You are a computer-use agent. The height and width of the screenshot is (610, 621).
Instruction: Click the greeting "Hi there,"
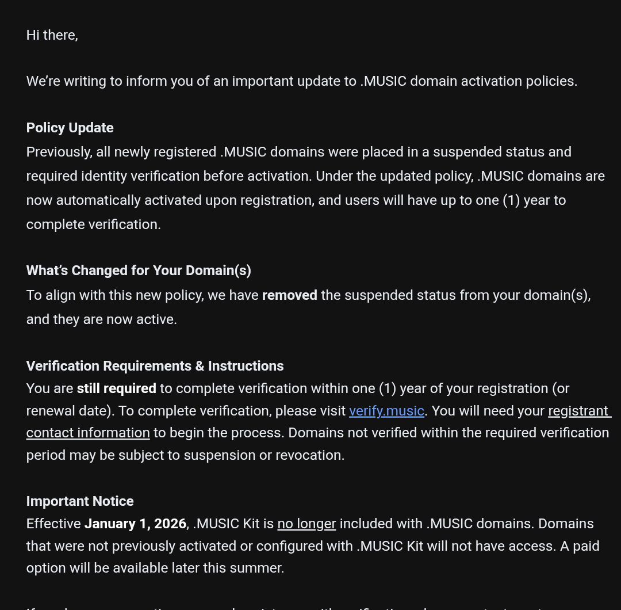pyautogui.click(x=52, y=35)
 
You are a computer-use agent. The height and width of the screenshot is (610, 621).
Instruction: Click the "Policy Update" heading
pyautogui.click(x=70, y=128)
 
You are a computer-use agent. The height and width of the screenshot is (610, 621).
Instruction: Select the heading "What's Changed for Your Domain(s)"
pyautogui.click(x=139, y=270)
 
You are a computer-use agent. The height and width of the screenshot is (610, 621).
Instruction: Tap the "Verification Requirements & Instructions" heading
pyautogui.click(x=155, y=366)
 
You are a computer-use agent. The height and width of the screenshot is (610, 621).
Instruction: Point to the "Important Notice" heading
pyautogui.click(x=80, y=501)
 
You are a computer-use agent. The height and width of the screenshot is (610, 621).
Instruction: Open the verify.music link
pyautogui.click(x=386, y=411)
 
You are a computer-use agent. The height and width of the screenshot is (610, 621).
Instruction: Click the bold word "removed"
pyautogui.click(x=289, y=295)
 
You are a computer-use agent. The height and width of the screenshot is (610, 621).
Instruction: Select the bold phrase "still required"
pyautogui.click(x=116, y=388)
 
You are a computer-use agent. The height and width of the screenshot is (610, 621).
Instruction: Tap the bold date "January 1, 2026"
pyautogui.click(x=135, y=524)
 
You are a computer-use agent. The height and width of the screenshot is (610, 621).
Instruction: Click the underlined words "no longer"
pyautogui.click(x=306, y=524)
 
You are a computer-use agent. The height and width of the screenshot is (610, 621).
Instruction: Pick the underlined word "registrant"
pyautogui.click(x=578, y=411)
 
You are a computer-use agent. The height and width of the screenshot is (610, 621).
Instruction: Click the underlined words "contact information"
pyautogui.click(x=88, y=433)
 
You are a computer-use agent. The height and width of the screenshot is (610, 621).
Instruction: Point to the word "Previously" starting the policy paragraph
pyautogui.click(x=59, y=152)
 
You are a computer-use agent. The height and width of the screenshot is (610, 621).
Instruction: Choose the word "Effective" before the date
pyautogui.click(x=53, y=524)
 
